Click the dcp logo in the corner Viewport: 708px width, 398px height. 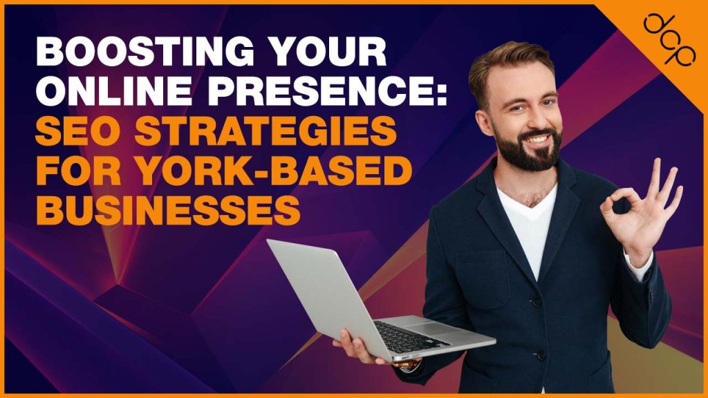point(666,38)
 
